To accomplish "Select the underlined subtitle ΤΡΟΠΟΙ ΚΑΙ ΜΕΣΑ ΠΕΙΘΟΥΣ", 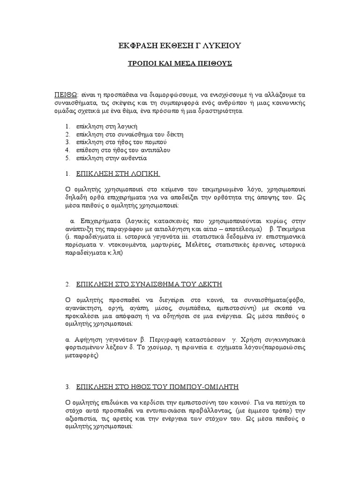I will [180, 63].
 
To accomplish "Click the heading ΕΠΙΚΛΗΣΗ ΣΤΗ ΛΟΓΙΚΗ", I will [119, 173].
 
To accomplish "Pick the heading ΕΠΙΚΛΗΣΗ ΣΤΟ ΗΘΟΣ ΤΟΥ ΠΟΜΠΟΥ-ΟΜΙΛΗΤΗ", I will [158, 387].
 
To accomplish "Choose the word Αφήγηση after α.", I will [88, 339].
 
